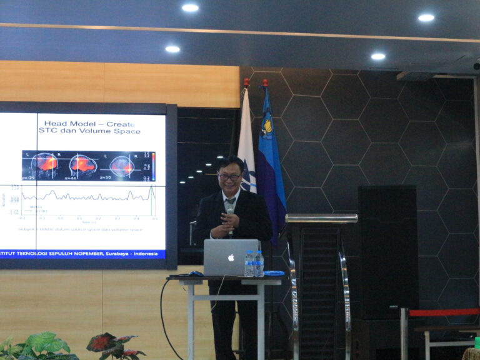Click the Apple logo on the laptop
(231, 257)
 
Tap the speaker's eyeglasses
(229, 177)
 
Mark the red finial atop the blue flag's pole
(265, 82)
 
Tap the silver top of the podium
(321, 218)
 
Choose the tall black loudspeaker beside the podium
(387, 250)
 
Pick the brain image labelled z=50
(122, 166)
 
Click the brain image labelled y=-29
(44, 166)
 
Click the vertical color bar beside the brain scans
(152, 166)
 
